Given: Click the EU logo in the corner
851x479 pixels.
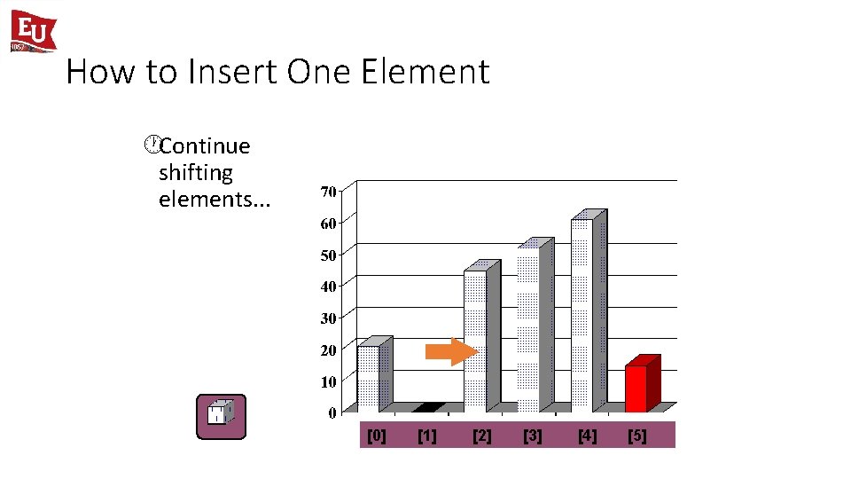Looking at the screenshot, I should coord(33,31).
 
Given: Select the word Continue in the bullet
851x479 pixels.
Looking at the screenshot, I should coord(205,145).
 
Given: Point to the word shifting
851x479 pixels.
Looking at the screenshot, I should coord(195,172).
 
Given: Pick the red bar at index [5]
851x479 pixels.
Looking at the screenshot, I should coord(636,388).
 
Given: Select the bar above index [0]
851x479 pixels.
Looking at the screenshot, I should coord(368,378).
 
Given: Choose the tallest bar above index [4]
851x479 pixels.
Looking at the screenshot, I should coord(582,314).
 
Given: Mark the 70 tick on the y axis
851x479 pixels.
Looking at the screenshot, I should coord(328,192).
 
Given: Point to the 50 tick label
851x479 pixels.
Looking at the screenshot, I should coord(328,255).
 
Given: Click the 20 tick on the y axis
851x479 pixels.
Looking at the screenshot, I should coord(328,350).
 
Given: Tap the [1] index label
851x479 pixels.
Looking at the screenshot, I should coord(427,436).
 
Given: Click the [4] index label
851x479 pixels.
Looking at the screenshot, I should coord(587,436).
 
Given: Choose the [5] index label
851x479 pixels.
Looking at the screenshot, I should coord(637,436).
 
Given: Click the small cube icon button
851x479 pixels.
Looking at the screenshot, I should coord(221,417).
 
